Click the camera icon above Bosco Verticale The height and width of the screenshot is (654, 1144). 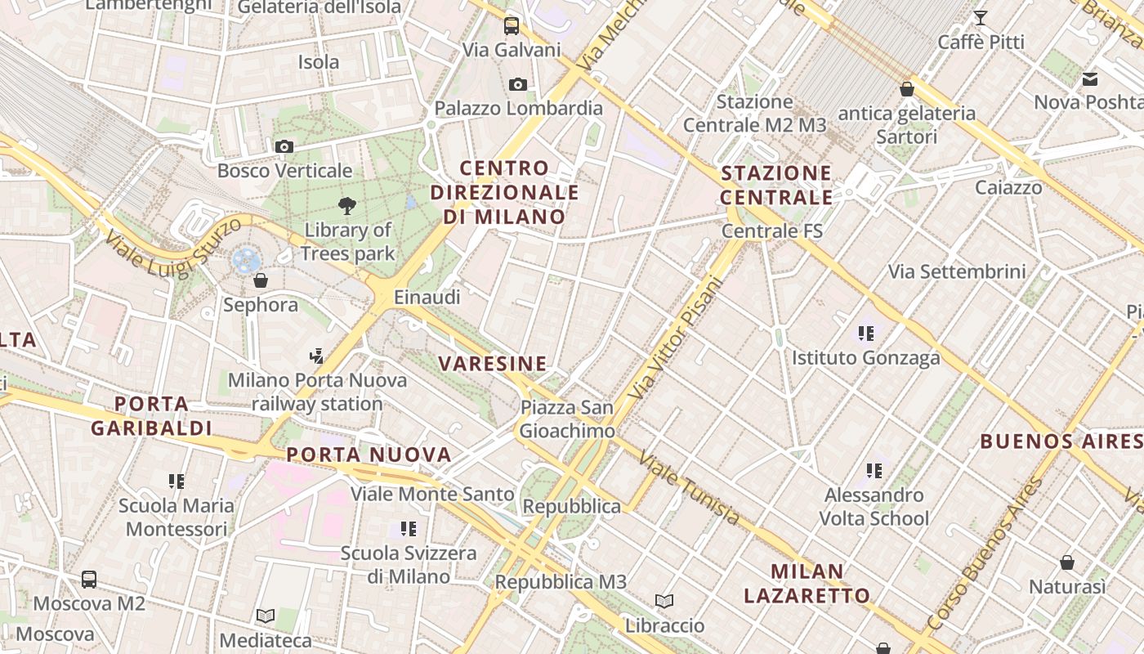(x=284, y=147)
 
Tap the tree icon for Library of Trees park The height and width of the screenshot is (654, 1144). (x=347, y=206)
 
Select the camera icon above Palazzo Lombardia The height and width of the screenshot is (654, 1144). (x=517, y=84)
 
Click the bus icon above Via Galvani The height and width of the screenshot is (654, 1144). (x=512, y=25)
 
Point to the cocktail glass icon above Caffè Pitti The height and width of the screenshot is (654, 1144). (x=981, y=18)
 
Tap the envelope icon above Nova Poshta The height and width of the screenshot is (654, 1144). (x=1090, y=79)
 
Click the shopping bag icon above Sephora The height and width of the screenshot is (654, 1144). (x=261, y=281)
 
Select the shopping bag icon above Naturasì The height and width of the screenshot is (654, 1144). (x=1067, y=562)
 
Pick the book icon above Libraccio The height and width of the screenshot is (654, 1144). (x=664, y=602)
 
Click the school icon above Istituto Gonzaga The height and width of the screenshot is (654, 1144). (x=866, y=334)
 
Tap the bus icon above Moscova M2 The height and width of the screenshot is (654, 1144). (x=89, y=580)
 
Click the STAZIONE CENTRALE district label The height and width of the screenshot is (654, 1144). (x=776, y=185)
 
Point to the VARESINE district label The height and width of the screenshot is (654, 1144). (x=492, y=364)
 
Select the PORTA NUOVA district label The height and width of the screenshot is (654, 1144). (x=369, y=455)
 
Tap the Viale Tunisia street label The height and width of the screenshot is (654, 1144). (x=690, y=488)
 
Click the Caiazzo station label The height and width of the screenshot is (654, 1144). (x=1008, y=188)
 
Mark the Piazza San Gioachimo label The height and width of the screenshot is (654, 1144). (x=567, y=419)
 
